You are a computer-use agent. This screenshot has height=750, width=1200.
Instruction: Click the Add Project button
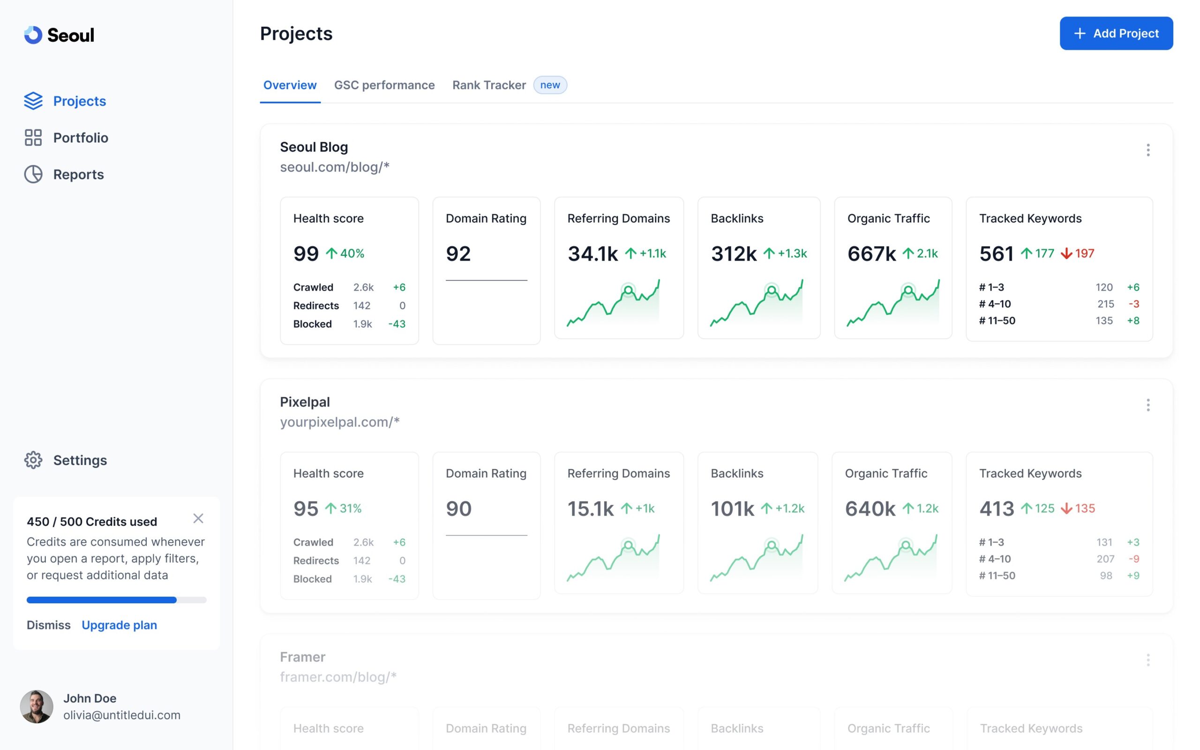1116,33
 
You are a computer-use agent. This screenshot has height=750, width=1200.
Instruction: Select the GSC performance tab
384,85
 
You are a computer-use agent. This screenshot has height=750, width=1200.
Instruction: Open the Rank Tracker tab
489,85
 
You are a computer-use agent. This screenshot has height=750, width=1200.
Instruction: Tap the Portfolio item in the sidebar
80,138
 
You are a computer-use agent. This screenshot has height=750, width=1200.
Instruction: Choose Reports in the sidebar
78,174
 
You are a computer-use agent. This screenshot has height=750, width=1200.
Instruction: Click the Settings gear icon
33,460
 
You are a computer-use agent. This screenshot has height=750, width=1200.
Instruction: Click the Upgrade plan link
119,625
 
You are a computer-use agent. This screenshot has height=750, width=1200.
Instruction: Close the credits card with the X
198,518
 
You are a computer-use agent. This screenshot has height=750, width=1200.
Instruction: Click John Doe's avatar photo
37,706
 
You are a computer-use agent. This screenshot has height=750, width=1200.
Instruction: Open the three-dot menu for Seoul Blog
1148,150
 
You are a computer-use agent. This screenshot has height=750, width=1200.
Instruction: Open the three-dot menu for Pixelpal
1148,405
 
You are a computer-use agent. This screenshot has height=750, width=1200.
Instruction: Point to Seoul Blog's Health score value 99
306,254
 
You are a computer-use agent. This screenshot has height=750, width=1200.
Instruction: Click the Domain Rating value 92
458,254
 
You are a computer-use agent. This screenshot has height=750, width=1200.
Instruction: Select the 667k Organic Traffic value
871,254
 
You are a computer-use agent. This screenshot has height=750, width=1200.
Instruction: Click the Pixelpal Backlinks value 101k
732,509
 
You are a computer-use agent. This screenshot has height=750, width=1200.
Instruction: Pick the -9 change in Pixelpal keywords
1133,559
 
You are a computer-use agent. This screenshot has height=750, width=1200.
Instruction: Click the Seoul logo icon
33,35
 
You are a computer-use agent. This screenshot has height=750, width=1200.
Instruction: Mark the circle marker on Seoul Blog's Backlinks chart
772,290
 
